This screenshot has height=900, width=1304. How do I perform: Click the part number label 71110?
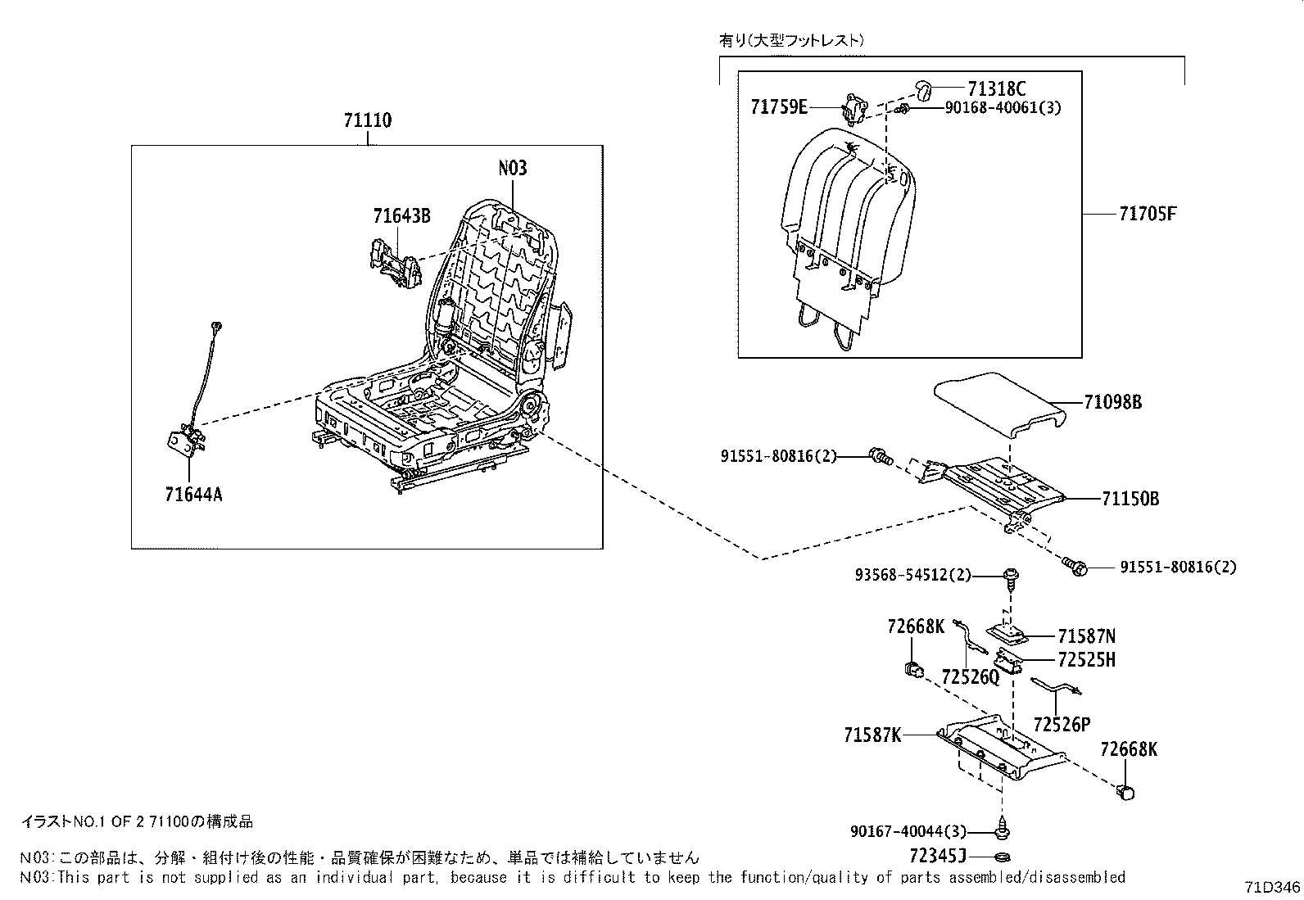pos(367,121)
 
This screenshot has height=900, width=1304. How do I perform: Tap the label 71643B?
pos(401,216)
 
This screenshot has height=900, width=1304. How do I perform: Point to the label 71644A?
pos(193,495)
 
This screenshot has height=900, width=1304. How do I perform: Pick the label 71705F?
pos(1148,214)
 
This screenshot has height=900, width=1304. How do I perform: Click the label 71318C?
pos(996,88)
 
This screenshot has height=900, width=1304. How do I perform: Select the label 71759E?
pos(779,106)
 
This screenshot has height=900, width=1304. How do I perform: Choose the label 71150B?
pos(1130,499)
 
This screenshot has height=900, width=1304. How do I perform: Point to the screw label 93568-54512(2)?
pos(912,576)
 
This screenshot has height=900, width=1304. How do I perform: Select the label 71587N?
pos(1086,636)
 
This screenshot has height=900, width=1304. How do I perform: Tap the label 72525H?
pos(1086,660)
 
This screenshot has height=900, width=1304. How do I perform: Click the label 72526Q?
pos(971,676)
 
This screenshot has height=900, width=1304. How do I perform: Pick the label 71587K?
pos(872,735)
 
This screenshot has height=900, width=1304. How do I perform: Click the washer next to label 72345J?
pos(1001,857)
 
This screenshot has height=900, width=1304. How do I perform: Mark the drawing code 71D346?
pos(1271,887)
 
